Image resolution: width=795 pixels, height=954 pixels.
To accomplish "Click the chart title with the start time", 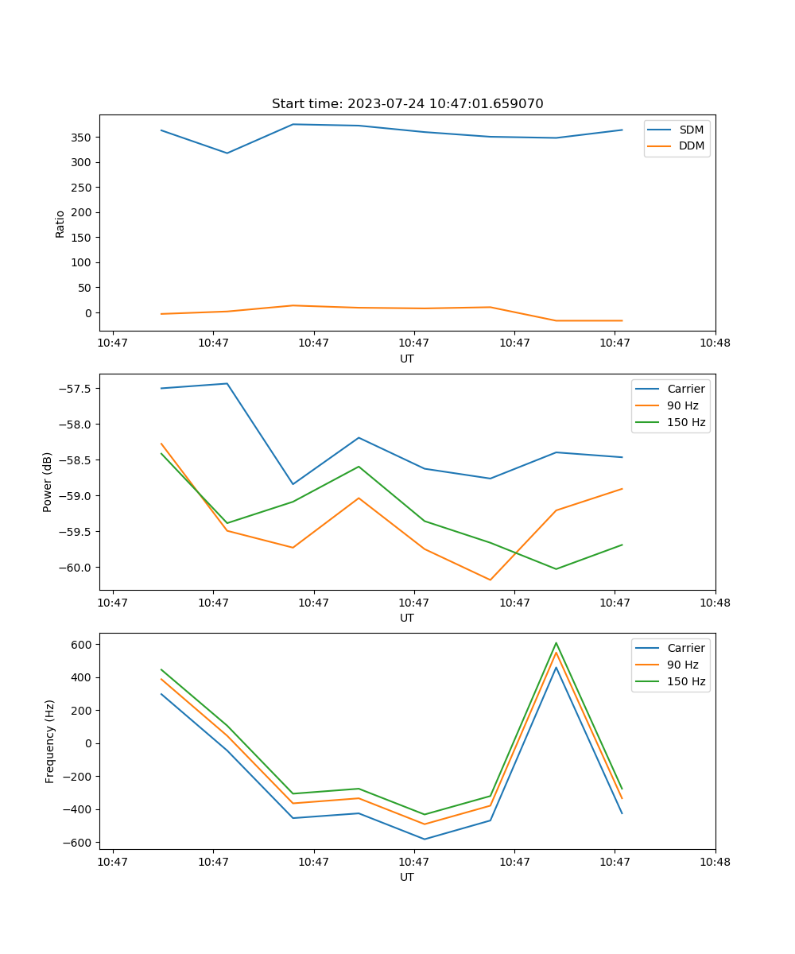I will coord(407,104).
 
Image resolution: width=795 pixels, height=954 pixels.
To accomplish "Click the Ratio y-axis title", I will coord(60,223).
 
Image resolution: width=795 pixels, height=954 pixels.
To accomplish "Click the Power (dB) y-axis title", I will coord(48,482).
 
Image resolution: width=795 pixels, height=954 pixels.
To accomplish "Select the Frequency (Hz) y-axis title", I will coord(49,741).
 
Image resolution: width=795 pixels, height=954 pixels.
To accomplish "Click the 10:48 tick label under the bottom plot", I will coord(715,861).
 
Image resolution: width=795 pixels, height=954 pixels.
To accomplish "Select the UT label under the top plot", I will coord(407,359).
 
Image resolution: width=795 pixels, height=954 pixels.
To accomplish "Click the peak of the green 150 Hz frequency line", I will coord(556,643).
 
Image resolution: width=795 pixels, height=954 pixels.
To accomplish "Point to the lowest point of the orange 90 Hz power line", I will coord(490,580).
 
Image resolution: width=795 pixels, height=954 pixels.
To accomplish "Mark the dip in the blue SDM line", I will coord(227,153).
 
